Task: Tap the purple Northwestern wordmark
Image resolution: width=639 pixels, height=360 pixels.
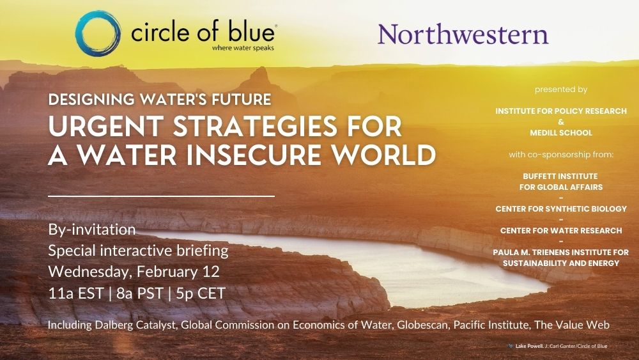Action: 463,35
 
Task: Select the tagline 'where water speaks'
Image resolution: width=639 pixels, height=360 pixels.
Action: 243,48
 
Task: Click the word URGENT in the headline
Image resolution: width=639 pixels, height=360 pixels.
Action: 106,127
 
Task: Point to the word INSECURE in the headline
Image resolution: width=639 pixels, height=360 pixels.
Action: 253,155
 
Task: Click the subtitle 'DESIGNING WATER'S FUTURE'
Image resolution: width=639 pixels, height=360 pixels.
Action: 160,100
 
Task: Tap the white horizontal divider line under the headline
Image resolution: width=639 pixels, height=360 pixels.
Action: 162,196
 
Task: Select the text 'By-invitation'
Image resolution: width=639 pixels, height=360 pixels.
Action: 91,230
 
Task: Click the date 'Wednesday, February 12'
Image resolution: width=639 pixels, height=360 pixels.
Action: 134,272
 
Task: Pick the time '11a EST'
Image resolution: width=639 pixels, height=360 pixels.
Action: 76,293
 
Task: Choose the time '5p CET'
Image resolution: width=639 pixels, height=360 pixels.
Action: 201,293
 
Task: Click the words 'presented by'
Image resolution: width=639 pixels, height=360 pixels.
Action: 561,90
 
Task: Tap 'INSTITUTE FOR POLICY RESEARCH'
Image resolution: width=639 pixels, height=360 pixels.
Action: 561,111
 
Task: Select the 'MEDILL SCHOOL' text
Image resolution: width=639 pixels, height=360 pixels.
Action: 561,132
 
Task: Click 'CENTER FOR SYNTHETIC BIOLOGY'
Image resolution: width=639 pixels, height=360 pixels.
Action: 561,208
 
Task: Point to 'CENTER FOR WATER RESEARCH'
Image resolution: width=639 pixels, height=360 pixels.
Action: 561,230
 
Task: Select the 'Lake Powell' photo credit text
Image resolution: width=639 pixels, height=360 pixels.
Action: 529,346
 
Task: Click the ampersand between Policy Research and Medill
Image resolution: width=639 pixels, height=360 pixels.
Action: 561,122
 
